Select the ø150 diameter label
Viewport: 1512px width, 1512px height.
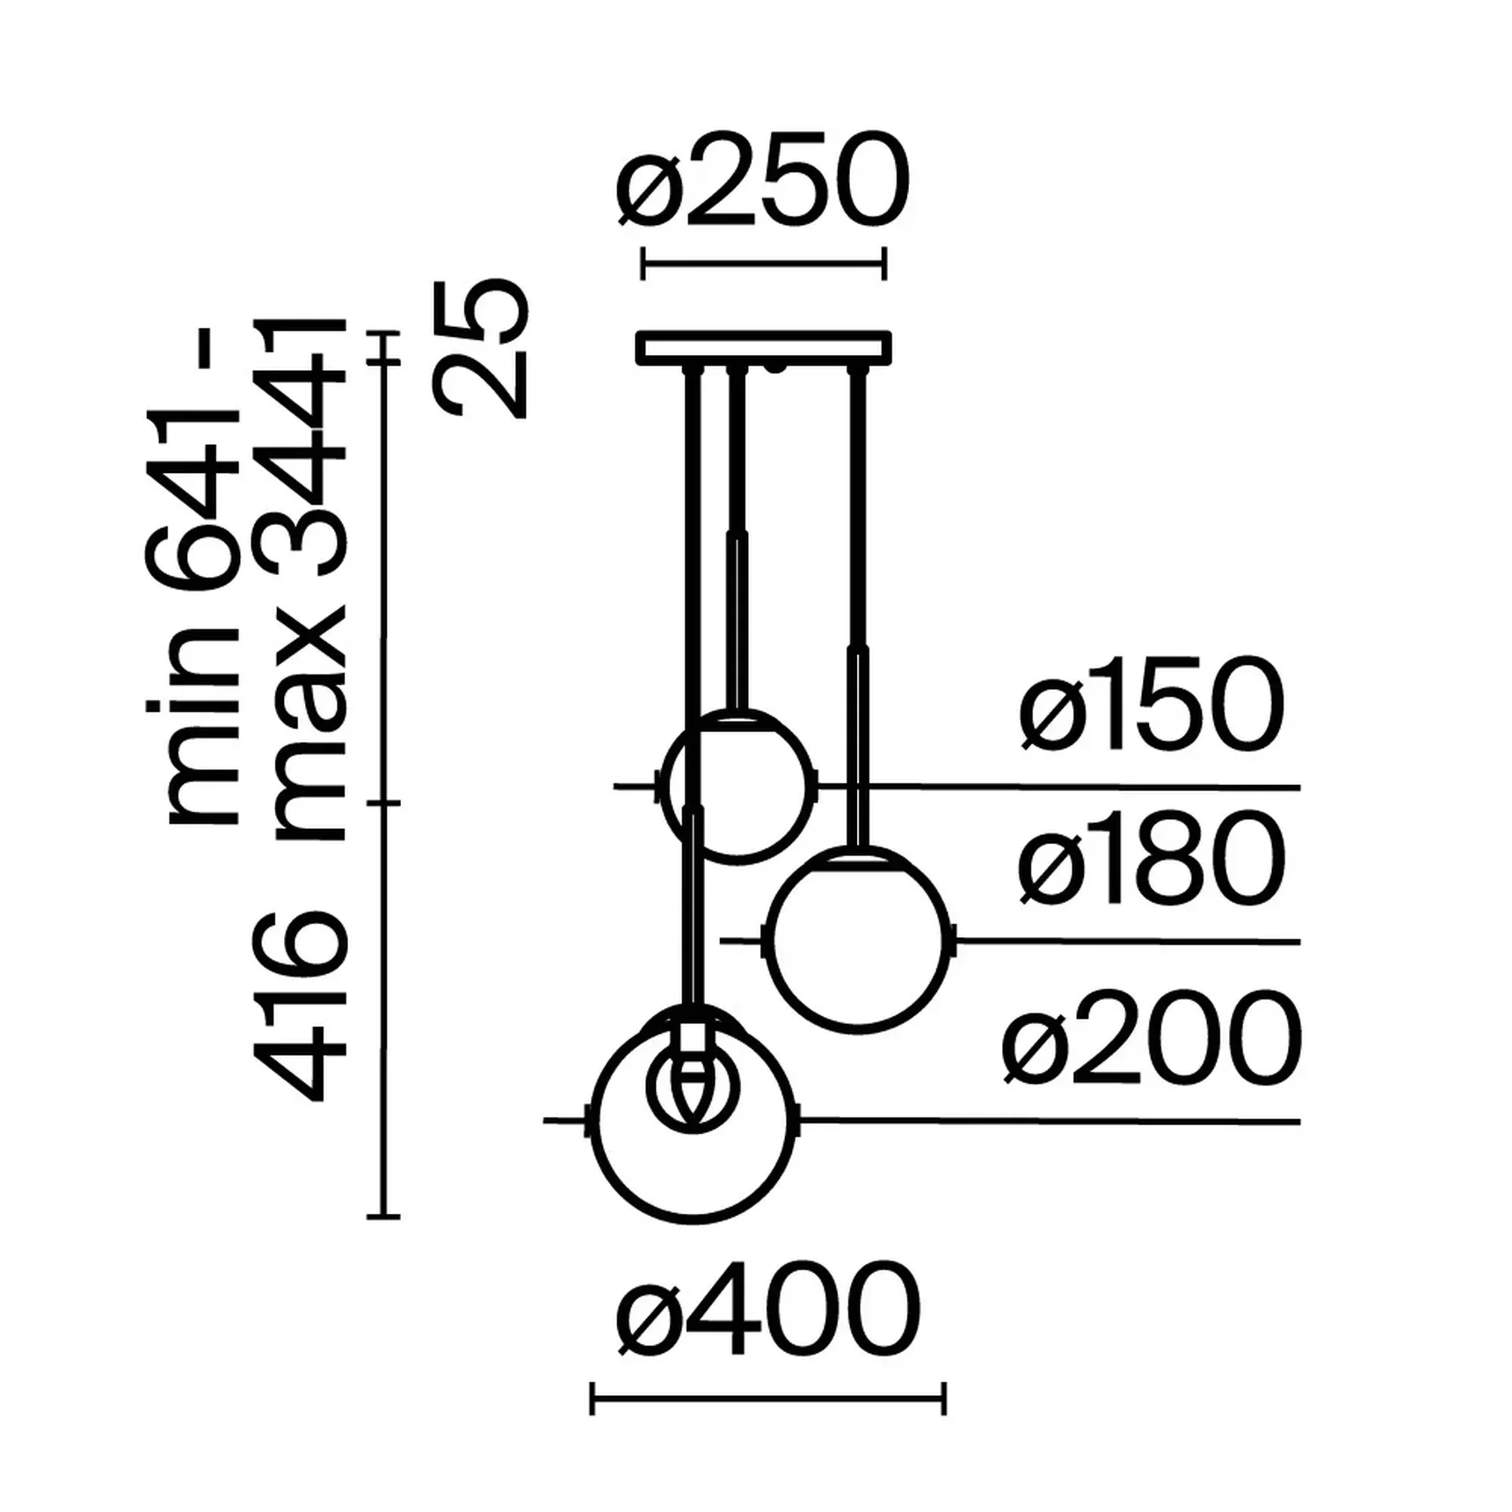[x=1152, y=706]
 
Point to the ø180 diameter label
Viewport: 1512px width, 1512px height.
[x=1152, y=861]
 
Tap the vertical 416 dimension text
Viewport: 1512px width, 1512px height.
[x=302, y=1006]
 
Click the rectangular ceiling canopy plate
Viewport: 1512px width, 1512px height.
[x=763, y=346]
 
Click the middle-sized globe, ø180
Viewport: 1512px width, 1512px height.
[x=857, y=941]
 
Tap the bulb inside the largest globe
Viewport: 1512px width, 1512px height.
[x=693, y=1090]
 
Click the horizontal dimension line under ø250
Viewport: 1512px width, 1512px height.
[x=763, y=262]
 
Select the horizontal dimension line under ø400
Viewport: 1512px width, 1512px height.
[x=767, y=1397]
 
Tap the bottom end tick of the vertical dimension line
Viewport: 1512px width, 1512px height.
[x=384, y=1217]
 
